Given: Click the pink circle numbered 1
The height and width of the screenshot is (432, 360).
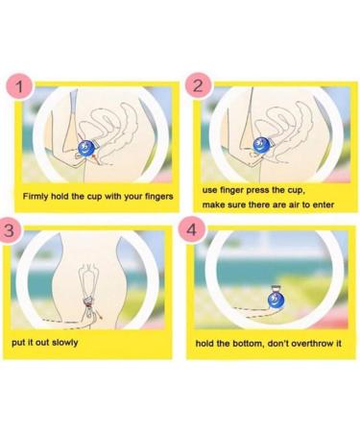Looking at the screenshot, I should click(x=19, y=87).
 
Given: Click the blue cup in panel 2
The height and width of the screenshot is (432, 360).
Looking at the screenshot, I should click(x=260, y=144).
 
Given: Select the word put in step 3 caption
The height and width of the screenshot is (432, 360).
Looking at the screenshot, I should click(x=18, y=341).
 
